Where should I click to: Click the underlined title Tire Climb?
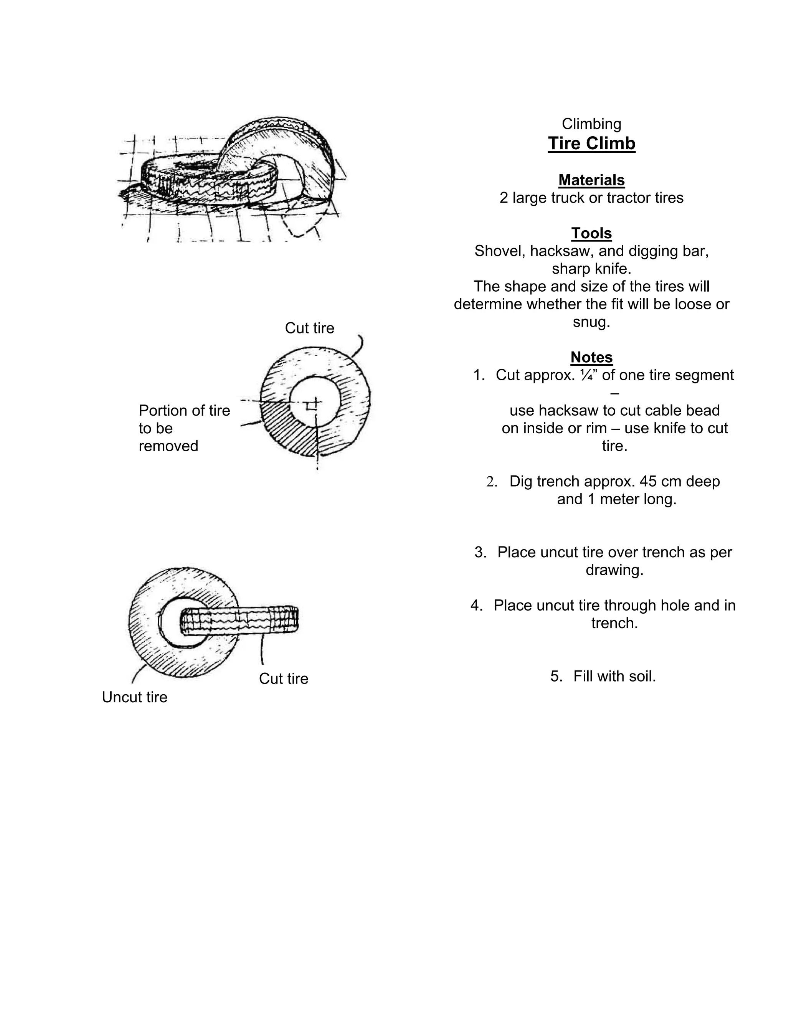pyautogui.click(x=591, y=144)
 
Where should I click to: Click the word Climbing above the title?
pyautogui.click(x=591, y=124)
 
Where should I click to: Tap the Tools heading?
pyautogui.click(x=591, y=233)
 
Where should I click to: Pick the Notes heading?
pyautogui.click(x=591, y=357)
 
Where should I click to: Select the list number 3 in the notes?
pyautogui.click(x=480, y=552)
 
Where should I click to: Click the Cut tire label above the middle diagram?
pyautogui.click(x=309, y=328)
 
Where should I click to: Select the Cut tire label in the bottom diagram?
pyautogui.click(x=283, y=679)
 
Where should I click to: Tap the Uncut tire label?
pyautogui.click(x=135, y=697)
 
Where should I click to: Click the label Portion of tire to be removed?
pyautogui.click(x=184, y=428)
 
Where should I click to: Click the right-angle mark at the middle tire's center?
pyautogui.click(x=310, y=406)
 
